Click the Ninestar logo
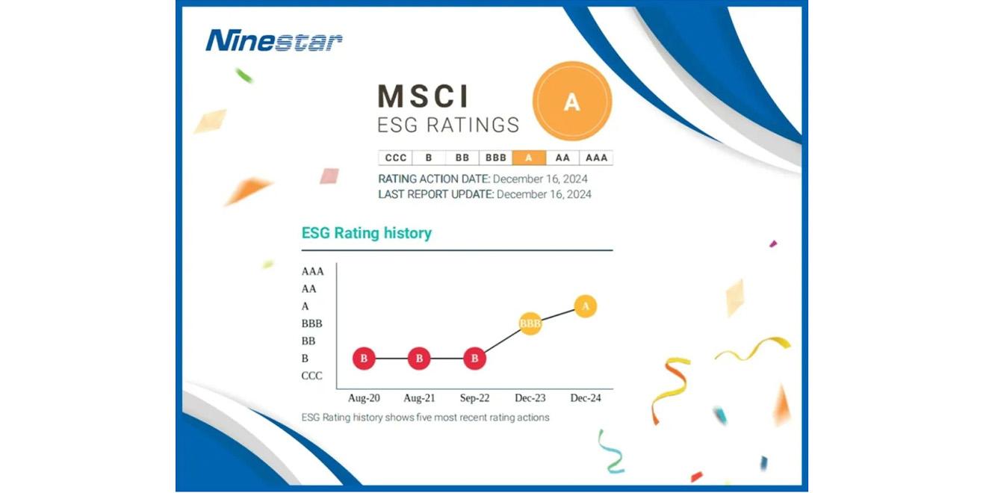point(274,40)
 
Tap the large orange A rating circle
point(571,102)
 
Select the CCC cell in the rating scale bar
point(395,158)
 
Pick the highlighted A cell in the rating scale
point(529,158)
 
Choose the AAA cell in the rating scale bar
point(596,158)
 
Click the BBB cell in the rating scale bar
point(496,158)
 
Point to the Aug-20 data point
point(364,359)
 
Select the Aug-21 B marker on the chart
point(419,359)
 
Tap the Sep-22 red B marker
point(474,359)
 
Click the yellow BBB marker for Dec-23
point(530,323)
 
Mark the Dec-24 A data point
point(586,306)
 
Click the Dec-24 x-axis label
point(586,398)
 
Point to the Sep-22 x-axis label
point(474,398)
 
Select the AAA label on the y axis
point(312,271)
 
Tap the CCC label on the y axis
point(311,376)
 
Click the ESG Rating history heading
point(366,233)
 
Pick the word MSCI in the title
point(424,96)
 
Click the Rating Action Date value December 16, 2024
point(540,179)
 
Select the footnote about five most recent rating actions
point(425,418)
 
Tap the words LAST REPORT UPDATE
point(435,194)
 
